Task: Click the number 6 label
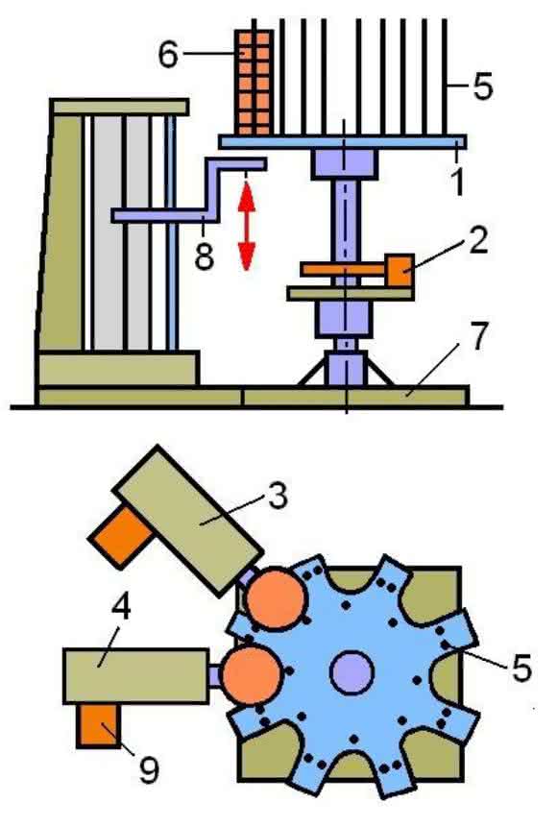click(x=169, y=55)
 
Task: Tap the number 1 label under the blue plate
click(x=458, y=181)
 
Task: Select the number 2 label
click(x=478, y=240)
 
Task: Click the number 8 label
click(x=204, y=255)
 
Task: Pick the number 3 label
click(x=278, y=495)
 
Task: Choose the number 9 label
click(x=149, y=769)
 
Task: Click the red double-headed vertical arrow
click(x=246, y=225)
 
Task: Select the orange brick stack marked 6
click(x=255, y=83)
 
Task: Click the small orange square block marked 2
click(x=400, y=270)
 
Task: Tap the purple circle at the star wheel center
click(x=351, y=671)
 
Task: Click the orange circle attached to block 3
click(x=276, y=597)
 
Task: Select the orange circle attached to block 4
click(x=250, y=675)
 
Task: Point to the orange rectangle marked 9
click(x=99, y=725)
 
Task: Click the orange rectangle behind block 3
click(x=122, y=534)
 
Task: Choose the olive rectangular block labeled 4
click(x=135, y=676)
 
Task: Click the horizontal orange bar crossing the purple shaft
click(x=344, y=270)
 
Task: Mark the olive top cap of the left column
click(x=120, y=107)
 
